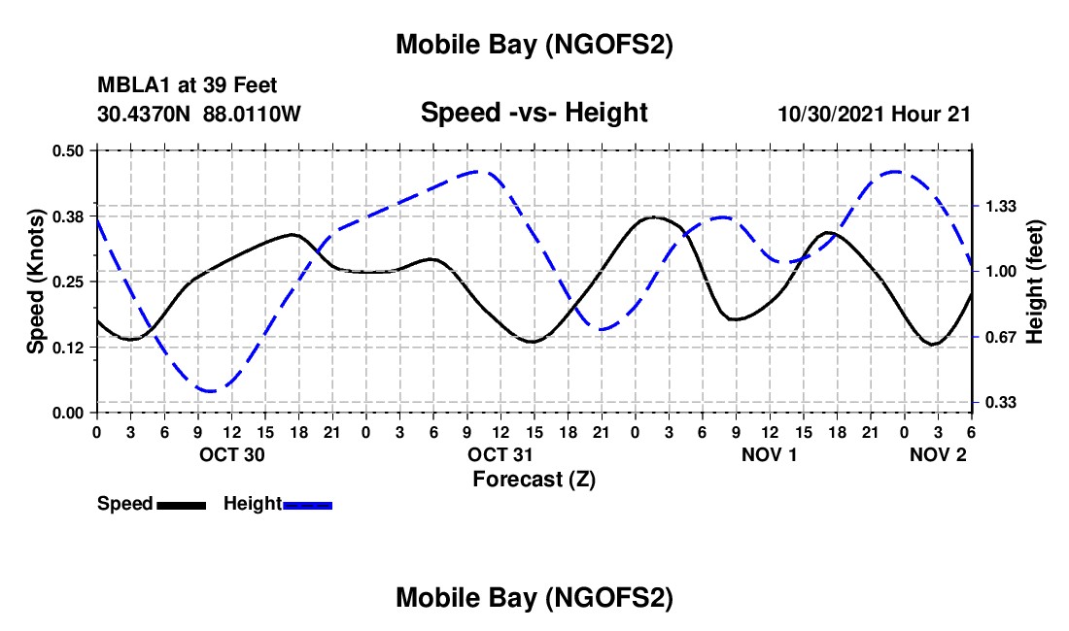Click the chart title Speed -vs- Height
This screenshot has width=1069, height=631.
click(x=534, y=113)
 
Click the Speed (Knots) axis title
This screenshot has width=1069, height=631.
click(x=35, y=282)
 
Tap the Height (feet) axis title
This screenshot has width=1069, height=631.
click(x=1034, y=282)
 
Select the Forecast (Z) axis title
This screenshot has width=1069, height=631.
click(x=534, y=479)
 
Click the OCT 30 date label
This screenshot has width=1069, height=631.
click(x=231, y=454)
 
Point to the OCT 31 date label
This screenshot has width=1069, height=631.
click(x=500, y=454)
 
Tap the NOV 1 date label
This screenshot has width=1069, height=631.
click(x=769, y=454)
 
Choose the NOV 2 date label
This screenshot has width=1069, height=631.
click(x=938, y=454)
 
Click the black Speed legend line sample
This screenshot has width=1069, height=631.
click(x=181, y=504)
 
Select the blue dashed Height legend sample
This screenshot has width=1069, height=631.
click(x=307, y=504)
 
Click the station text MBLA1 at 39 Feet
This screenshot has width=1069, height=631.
click(x=188, y=86)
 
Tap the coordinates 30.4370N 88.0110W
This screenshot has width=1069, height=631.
click(x=199, y=114)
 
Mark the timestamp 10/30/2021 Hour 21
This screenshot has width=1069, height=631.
click(x=874, y=114)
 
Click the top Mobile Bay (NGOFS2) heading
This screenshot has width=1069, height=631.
click(x=534, y=45)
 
